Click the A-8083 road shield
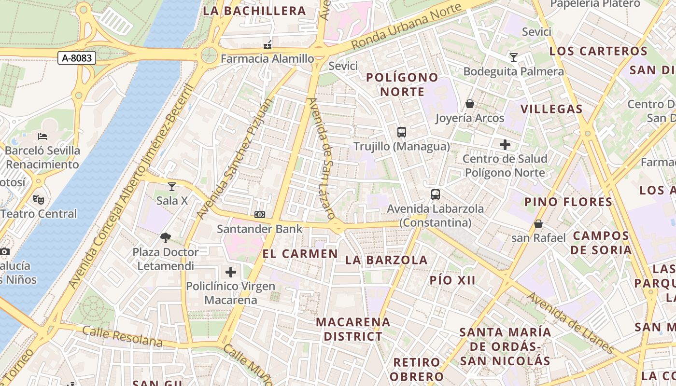(77, 58)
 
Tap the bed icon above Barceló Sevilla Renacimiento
(42, 137)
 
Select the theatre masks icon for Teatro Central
(38, 199)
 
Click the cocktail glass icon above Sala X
(172, 186)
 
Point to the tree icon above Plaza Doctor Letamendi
(166, 237)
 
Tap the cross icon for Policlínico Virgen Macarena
(231, 272)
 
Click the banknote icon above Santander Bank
(260, 215)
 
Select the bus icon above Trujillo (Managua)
(401, 132)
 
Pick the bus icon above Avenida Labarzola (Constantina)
(436, 194)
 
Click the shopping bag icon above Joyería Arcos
(469, 104)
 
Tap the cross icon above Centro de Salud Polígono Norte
(505, 144)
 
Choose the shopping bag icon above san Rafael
(538, 224)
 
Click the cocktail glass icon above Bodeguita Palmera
(513, 57)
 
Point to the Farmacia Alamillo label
(267, 59)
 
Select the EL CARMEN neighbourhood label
(300, 254)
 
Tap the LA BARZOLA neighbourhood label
(386, 260)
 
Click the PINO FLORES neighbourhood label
(568, 202)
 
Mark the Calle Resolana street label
(122, 336)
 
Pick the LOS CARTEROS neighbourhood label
(598, 51)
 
